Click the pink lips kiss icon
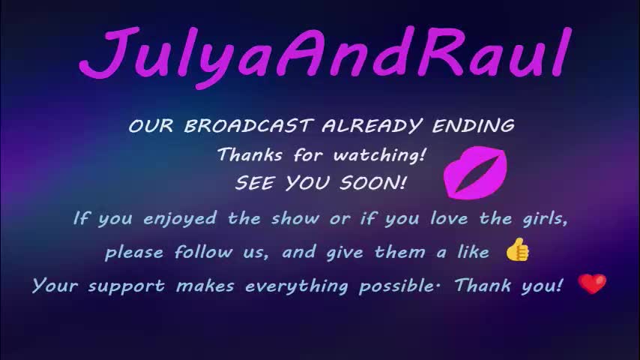[x=475, y=172]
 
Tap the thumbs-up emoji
[x=517, y=250]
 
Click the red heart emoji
[x=592, y=284]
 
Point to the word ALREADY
[x=365, y=126]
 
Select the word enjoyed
[x=179, y=219]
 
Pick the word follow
[x=203, y=252]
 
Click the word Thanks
[x=249, y=155]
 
